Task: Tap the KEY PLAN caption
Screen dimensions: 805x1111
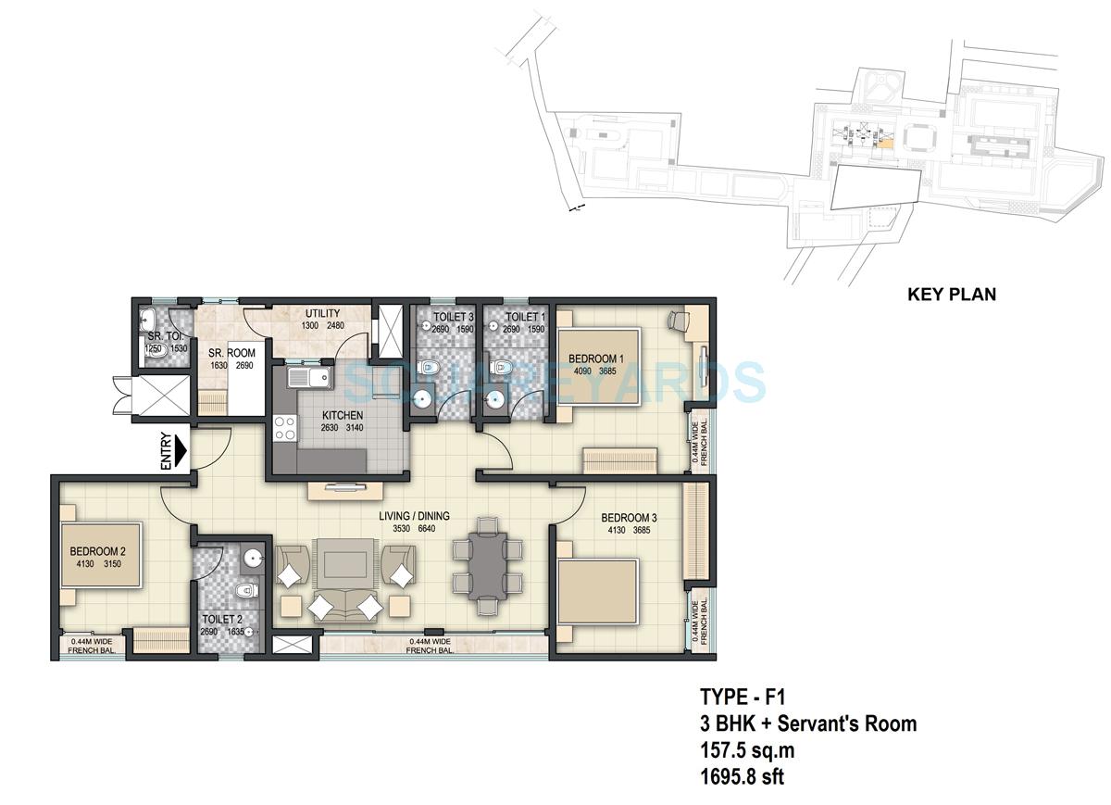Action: click(x=951, y=295)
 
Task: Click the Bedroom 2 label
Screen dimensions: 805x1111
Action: click(x=97, y=553)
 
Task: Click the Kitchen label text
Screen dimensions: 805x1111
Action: click(x=317, y=415)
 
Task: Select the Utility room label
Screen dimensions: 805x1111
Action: click(x=322, y=313)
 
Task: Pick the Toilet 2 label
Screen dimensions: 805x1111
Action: click(x=222, y=620)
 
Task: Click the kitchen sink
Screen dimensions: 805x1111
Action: click(x=309, y=378)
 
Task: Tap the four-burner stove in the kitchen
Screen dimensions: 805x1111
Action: click(x=285, y=429)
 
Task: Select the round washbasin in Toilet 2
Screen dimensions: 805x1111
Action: click(x=253, y=559)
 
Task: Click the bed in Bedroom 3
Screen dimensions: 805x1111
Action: click(x=597, y=594)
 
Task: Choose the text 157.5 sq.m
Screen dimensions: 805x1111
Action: click(x=747, y=749)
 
